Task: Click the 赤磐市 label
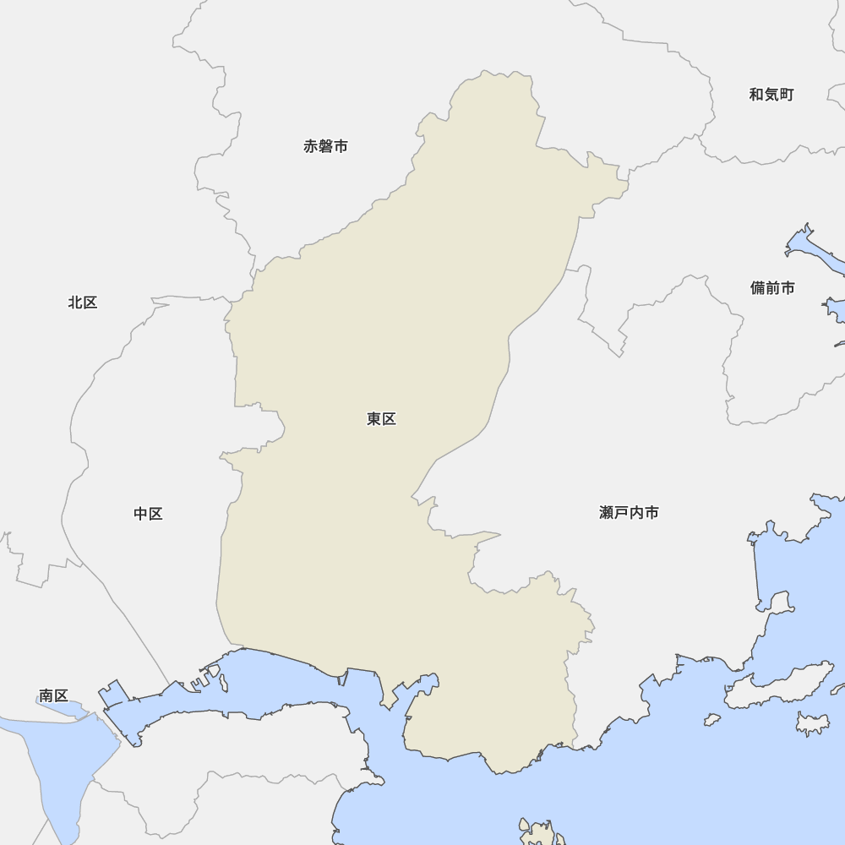[325, 146]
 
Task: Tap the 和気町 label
[771, 95]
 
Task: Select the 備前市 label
[772, 288]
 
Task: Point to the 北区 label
[83, 303]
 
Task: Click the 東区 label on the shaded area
[381, 419]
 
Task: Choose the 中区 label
[148, 514]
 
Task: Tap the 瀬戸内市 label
[629, 513]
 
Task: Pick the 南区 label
[53, 696]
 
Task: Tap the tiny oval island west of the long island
[712, 720]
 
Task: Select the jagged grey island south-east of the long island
[813, 722]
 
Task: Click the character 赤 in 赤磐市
[311, 146]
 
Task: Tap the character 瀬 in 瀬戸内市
[607, 513]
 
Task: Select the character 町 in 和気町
[786, 95]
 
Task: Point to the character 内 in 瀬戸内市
[636, 513]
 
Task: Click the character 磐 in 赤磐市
[325, 146]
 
